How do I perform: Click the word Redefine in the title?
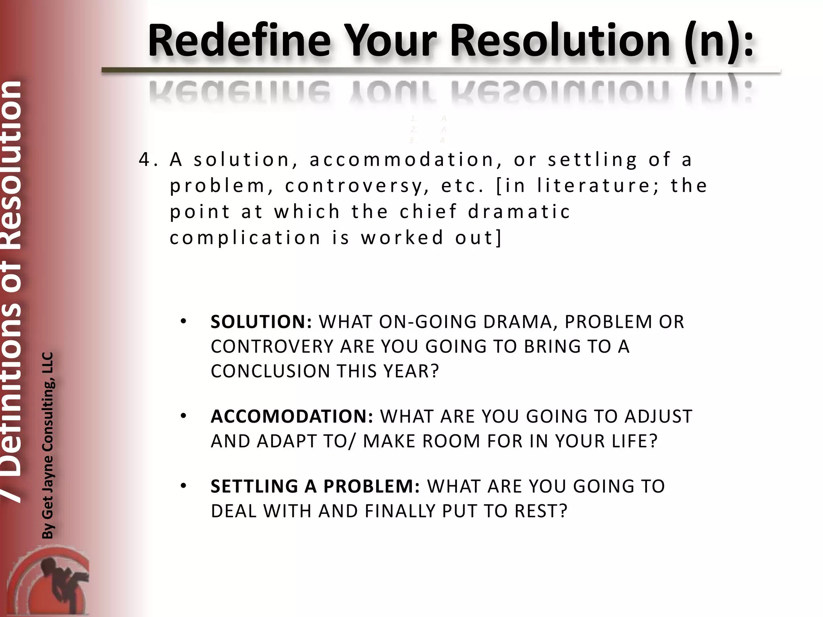pos(240,41)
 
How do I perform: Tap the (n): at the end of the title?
pos(719,41)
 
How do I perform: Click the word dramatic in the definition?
pos(519,212)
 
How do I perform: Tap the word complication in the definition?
pos(245,238)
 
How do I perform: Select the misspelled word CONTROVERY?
pos(272,347)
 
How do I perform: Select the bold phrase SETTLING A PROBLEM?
pos(315,486)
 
